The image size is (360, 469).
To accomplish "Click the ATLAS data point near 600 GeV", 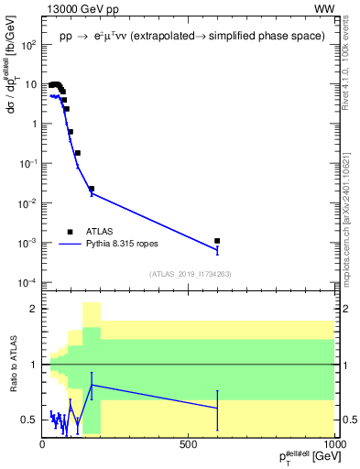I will pos(217,241).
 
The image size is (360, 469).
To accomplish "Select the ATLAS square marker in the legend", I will pos(70,232).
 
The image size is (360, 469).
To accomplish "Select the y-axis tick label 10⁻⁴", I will pos(28,281).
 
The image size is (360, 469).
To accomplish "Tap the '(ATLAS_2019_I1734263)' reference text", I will pos(189,274).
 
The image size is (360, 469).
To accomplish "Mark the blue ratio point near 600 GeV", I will pos(217,408).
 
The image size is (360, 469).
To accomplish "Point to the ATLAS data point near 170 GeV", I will pos(92,189).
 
